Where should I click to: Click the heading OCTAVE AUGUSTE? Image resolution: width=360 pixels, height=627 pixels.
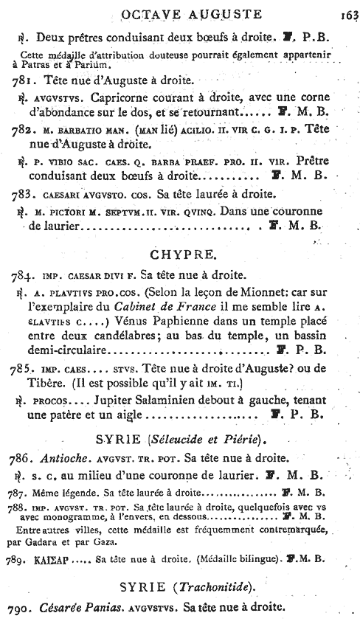tap(181, 12)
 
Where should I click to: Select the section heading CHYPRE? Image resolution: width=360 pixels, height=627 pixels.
tap(180, 255)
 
